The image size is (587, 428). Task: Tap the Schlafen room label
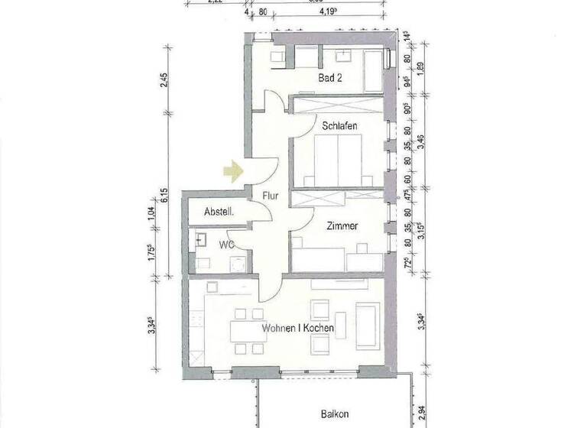(x=340, y=125)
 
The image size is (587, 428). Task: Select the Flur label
(x=270, y=196)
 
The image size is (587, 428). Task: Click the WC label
(x=226, y=245)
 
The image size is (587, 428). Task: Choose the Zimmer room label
(x=342, y=227)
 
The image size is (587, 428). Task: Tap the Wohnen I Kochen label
(x=298, y=329)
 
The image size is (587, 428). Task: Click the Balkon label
(x=333, y=413)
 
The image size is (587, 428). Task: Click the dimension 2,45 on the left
(x=163, y=80)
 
